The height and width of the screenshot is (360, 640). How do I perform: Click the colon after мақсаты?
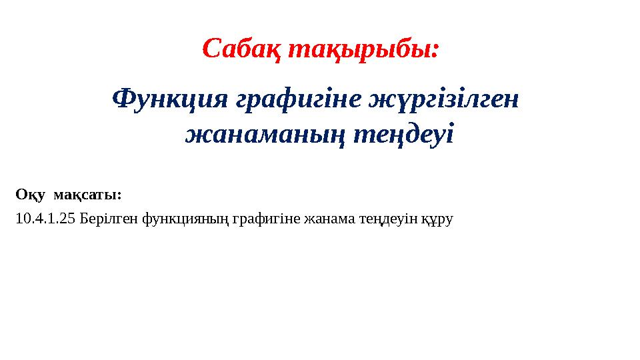pos(119,196)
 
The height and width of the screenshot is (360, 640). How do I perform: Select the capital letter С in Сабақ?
pos(211,48)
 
